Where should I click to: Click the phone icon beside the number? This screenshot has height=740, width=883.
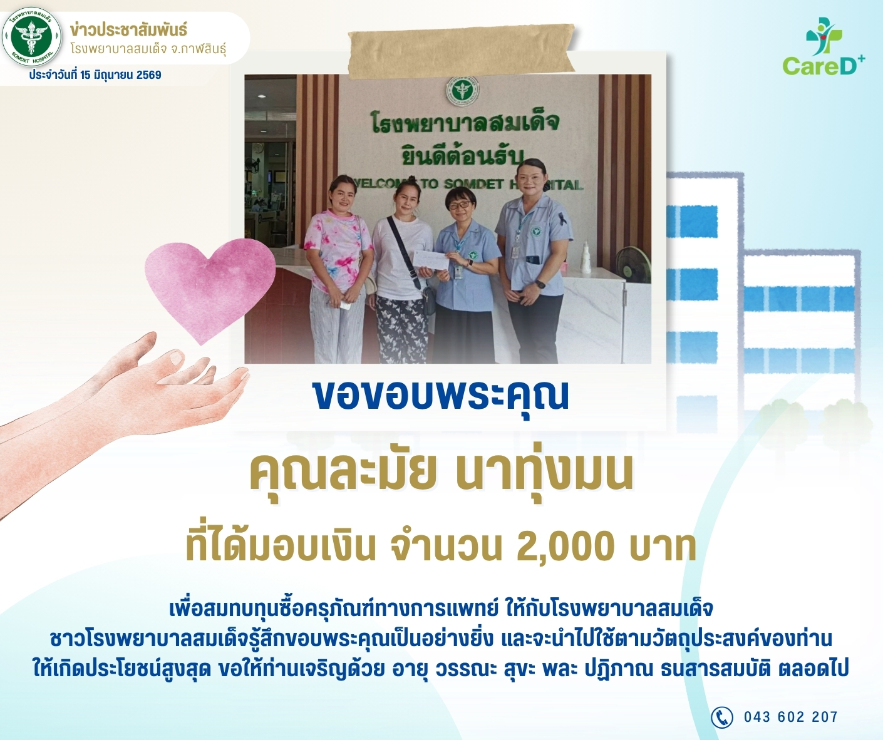[x=721, y=716]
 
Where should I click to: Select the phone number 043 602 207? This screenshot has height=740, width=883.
[x=791, y=717]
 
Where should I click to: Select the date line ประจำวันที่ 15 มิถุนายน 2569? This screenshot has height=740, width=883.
[x=95, y=75]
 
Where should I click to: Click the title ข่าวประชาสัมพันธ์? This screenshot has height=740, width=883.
[x=128, y=30]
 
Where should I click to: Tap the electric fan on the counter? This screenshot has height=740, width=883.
[x=632, y=264]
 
